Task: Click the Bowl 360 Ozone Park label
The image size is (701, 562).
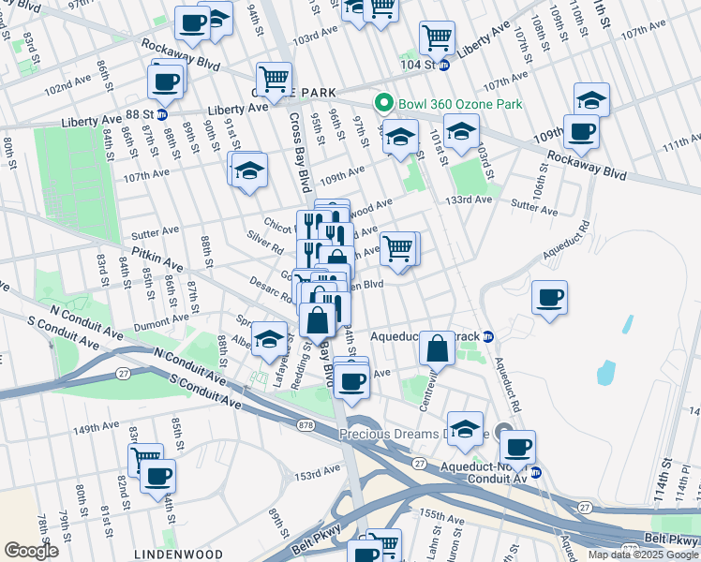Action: coord(458,103)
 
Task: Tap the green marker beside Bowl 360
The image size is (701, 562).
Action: coord(382,103)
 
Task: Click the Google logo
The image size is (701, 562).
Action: coord(31,551)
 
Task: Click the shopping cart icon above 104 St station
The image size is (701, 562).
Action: coord(437,37)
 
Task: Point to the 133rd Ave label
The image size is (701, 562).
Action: coord(469,200)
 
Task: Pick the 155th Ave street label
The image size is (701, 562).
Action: coord(444,514)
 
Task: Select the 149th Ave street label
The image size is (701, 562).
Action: coord(97,428)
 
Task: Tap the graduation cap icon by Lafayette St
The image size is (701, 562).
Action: coord(269,341)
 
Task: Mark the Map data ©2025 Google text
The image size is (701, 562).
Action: coord(642,555)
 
